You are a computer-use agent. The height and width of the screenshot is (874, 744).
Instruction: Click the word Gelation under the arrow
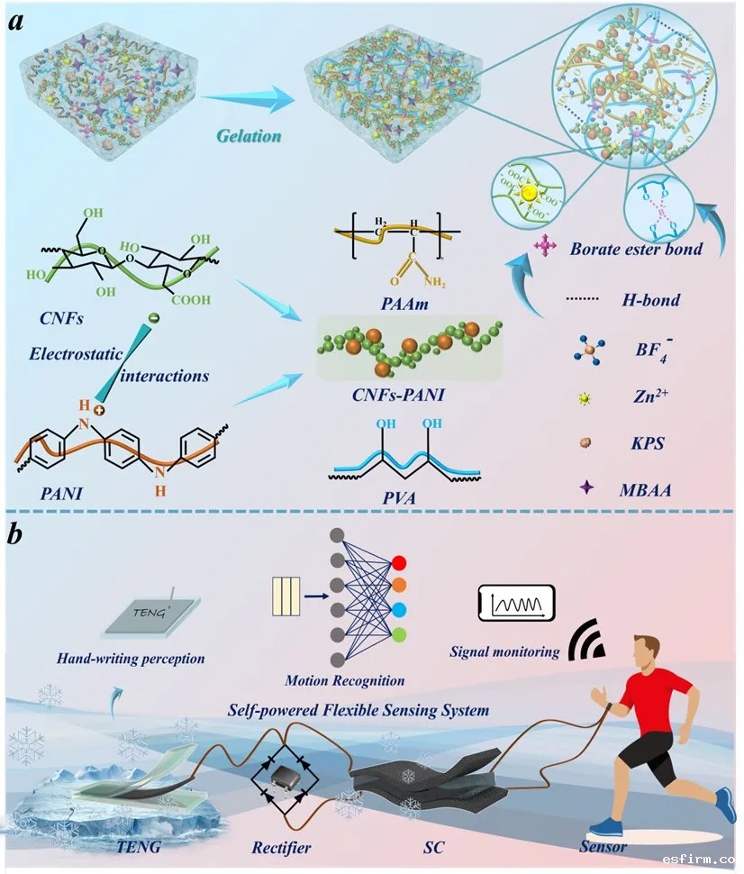(x=248, y=136)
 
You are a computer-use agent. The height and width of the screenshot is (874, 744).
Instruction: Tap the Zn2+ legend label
(x=649, y=396)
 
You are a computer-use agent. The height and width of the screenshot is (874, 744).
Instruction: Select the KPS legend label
(x=645, y=442)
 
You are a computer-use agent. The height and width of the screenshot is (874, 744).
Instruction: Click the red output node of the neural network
(x=399, y=565)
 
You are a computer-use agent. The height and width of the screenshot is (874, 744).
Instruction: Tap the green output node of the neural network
(x=399, y=636)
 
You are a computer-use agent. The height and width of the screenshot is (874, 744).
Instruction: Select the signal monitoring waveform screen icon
(x=515, y=602)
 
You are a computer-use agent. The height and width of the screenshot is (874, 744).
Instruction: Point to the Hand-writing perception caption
(x=132, y=658)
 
